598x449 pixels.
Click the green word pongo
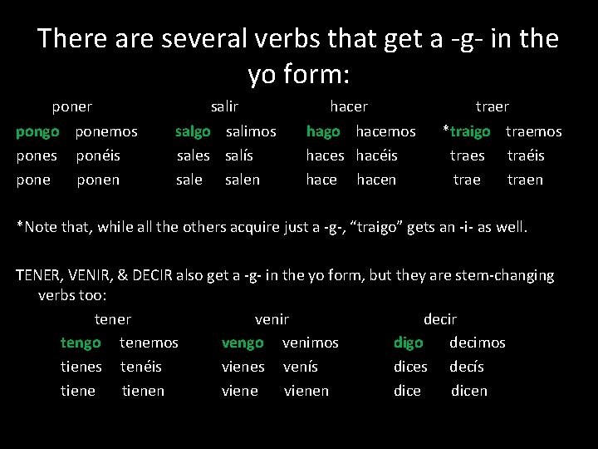[x=38, y=131]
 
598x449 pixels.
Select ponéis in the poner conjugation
[x=98, y=155]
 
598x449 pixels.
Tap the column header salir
[x=224, y=106]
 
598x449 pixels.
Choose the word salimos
[x=251, y=131]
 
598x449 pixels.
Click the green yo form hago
[x=323, y=131]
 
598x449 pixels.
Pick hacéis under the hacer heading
[x=376, y=155]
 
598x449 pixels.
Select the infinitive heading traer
[x=492, y=106]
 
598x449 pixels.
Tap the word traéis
[x=526, y=155]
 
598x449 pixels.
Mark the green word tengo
[x=81, y=343]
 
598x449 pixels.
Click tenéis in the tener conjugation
[x=140, y=367]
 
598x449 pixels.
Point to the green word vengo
[x=243, y=343]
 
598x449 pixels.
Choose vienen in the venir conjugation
[x=306, y=391]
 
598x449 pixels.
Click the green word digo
[x=408, y=343]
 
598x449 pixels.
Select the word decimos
[x=477, y=343]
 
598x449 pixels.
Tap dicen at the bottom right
[x=469, y=391]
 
